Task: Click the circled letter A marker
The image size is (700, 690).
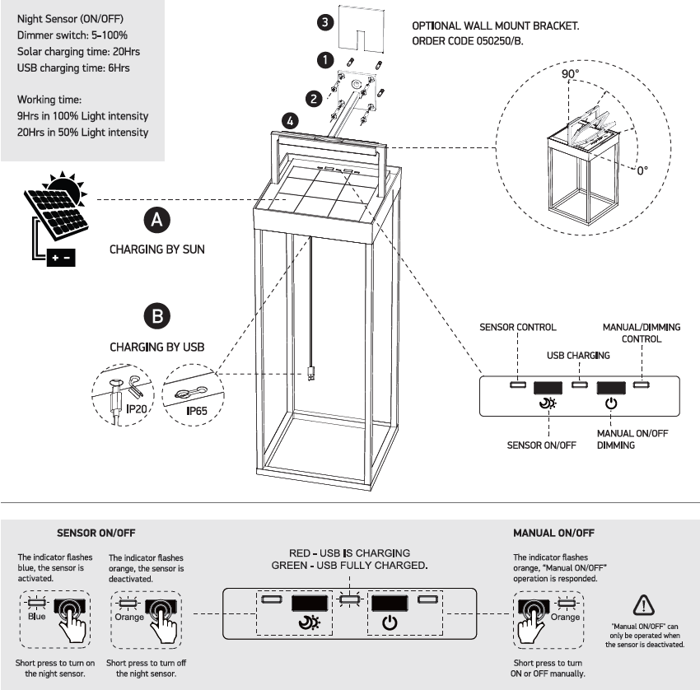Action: pyautogui.click(x=157, y=220)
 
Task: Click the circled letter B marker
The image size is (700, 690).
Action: pyautogui.click(x=157, y=316)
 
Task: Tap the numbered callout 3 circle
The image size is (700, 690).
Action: pyautogui.click(x=326, y=23)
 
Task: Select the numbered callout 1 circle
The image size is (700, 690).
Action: pyautogui.click(x=326, y=60)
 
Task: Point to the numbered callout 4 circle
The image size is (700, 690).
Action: pyautogui.click(x=290, y=120)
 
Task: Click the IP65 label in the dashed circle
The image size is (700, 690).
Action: pyautogui.click(x=198, y=409)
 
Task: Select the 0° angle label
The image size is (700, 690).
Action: pyautogui.click(x=642, y=169)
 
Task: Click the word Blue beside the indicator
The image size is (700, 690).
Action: pyautogui.click(x=37, y=616)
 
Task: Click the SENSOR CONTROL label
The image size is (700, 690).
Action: pyautogui.click(x=518, y=328)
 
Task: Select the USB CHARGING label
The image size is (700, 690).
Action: pyautogui.click(x=579, y=356)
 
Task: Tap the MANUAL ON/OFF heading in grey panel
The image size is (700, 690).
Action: pyautogui.click(x=553, y=533)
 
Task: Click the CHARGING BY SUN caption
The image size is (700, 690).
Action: pyautogui.click(x=157, y=248)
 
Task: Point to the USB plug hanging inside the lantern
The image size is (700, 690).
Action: pyautogui.click(x=311, y=372)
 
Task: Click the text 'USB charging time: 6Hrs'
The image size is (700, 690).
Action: pyautogui.click(x=73, y=68)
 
